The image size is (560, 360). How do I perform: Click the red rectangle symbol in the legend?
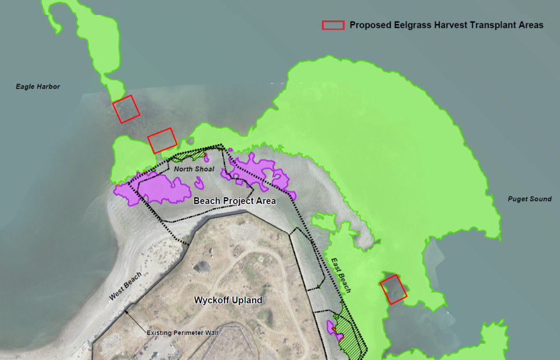point(333,25)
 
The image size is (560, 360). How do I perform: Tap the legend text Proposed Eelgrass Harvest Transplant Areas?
point(446,25)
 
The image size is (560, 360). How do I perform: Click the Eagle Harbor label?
point(38,87)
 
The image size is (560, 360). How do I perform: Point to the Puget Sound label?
point(530,199)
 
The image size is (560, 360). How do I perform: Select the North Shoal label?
point(195,169)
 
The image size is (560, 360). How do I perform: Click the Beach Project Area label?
point(235,201)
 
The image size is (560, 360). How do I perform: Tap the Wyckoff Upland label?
point(228,300)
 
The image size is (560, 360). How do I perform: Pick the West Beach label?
point(125,286)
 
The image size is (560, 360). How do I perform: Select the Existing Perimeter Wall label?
point(182,333)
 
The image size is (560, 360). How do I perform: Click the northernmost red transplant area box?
point(126,109)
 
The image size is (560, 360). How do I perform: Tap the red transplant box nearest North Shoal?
point(162,141)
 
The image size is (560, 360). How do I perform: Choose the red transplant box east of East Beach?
point(393,289)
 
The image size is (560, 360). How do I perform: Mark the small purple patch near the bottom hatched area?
point(334,327)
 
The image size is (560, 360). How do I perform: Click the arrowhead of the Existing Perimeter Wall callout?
point(127,311)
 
